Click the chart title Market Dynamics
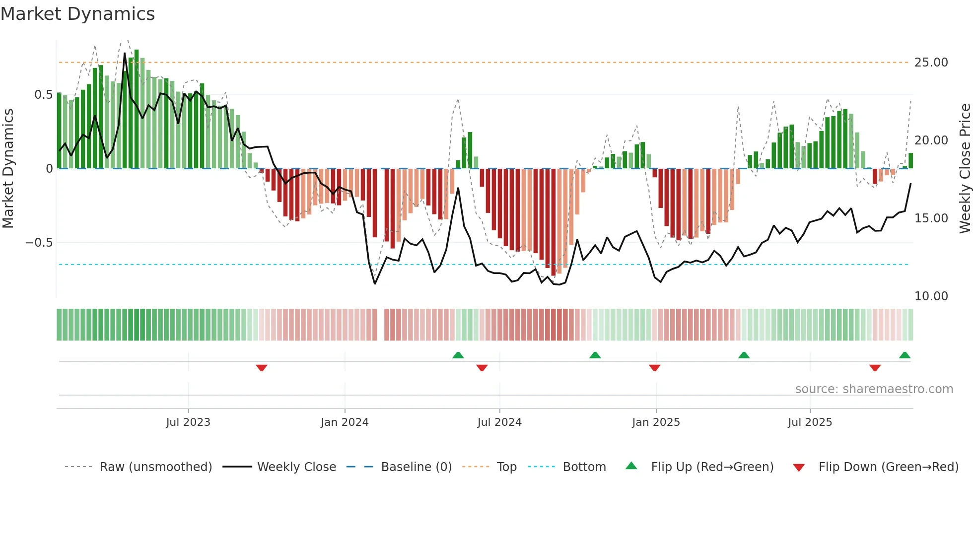point(77,14)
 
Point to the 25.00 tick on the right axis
point(931,63)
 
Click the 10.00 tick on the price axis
point(931,296)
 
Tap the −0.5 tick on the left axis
point(39,243)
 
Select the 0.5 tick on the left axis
point(43,95)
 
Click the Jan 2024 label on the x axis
point(345,422)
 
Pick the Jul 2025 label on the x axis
point(810,422)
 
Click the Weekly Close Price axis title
point(965,169)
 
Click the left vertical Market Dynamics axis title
point(8,169)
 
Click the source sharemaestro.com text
point(874,389)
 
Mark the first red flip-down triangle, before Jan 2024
point(262,368)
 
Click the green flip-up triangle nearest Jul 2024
point(458,355)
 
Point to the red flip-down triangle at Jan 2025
point(654,368)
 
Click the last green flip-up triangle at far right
point(904,355)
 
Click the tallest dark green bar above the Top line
point(137,109)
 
